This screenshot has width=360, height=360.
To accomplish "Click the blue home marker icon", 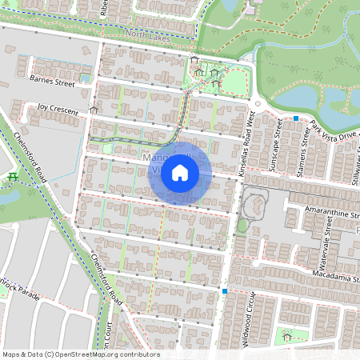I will pyautogui.click(x=180, y=172).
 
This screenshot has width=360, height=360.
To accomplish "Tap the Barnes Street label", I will pyautogui.click(x=51, y=82).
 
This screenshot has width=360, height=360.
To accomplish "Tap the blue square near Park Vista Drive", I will pyautogui.click(x=296, y=118).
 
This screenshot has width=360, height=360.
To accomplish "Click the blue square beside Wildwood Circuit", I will pyautogui.click(x=226, y=291).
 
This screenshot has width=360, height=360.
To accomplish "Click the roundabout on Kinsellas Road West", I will pyautogui.click(x=258, y=104).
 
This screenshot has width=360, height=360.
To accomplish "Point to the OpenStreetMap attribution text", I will pyautogui.click(x=81, y=354).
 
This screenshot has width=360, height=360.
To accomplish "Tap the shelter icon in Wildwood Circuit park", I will pyautogui.click(x=286, y=338).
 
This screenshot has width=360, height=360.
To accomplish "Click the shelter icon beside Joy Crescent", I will pyautogui.click(x=94, y=109).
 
